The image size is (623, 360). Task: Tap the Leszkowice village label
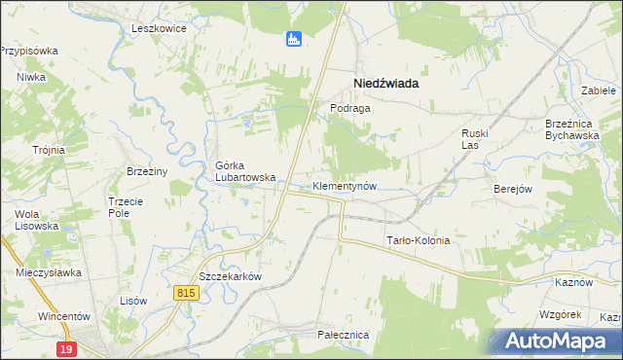(x=159, y=28)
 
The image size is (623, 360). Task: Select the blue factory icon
(x=293, y=39)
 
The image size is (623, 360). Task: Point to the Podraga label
(x=350, y=108)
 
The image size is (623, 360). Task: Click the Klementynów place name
(x=344, y=185)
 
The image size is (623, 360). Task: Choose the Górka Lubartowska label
(x=245, y=171)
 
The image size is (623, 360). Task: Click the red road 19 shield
(x=66, y=348)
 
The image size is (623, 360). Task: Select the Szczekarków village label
(x=231, y=275)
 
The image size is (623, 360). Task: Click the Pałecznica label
(x=343, y=334)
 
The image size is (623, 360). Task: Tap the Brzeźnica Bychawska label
(x=572, y=129)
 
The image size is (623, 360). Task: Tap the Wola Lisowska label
(x=37, y=219)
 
